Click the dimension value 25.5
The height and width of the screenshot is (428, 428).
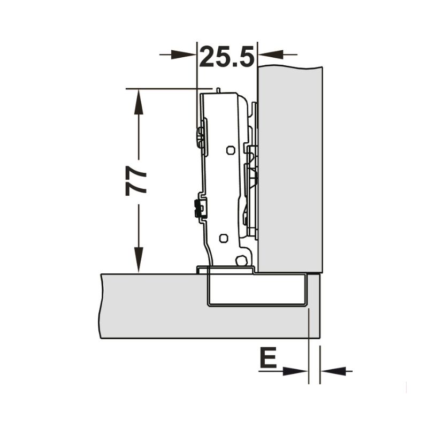point(227,57)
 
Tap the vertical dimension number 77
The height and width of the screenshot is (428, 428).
point(136,181)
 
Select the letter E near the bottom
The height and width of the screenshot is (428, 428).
point(269,357)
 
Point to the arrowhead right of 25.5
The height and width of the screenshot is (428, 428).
point(271,55)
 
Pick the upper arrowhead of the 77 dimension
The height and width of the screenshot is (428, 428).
point(139,102)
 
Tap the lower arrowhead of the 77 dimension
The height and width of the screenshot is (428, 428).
point(139,259)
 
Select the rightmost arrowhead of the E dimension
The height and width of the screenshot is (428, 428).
point(333,371)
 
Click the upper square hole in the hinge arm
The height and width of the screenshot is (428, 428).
point(231,150)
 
